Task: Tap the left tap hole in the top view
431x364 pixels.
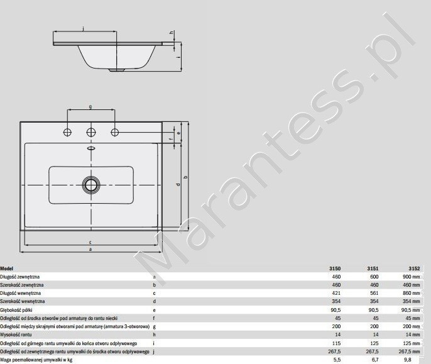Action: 67,132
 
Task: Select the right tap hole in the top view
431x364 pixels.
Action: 115,132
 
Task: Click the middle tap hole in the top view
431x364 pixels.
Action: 91,132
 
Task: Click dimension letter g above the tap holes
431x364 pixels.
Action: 90,107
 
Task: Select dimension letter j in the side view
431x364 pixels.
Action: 84,28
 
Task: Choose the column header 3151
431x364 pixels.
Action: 373,268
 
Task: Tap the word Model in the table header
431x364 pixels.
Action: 7,268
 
